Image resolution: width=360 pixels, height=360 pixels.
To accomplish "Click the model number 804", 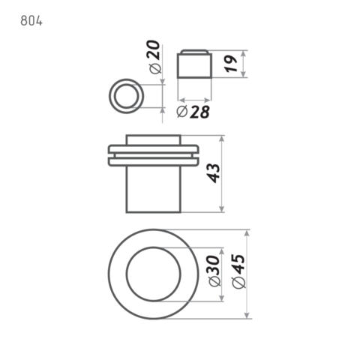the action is pyautogui.click(x=31, y=21).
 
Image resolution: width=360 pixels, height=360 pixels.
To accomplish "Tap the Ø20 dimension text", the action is pyautogui.click(x=154, y=57).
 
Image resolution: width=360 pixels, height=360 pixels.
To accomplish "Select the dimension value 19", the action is pyautogui.click(x=231, y=64).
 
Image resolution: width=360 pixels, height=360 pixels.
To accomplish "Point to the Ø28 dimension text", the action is pyautogui.click(x=193, y=112).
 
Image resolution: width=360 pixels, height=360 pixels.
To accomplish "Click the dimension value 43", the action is pyautogui.click(x=214, y=173).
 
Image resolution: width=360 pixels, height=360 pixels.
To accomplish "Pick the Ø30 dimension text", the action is pyautogui.click(x=214, y=271).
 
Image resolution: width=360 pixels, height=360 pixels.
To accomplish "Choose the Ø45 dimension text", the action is pyautogui.click(x=239, y=271).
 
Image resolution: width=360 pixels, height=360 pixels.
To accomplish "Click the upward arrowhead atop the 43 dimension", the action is pyautogui.click(x=222, y=139).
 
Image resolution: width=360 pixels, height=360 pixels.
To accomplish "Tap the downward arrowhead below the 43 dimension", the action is pyautogui.click(x=222, y=209).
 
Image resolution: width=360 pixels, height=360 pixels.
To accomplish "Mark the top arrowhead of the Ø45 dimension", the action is pyautogui.click(x=247, y=233).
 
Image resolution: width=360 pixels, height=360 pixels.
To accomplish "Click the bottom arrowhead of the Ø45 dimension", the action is pyautogui.click(x=247, y=315).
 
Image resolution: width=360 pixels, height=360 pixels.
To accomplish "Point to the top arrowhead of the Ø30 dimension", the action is pyautogui.click(x=221, y=251).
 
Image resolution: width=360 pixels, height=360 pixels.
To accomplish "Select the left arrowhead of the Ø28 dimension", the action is pyautogui.click(x=181, y=100).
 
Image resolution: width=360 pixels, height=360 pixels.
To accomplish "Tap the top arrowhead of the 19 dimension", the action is pyautogui.click(x=244, y=54).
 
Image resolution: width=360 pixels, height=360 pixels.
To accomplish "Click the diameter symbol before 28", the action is pyautogui.click(x=181, y=112).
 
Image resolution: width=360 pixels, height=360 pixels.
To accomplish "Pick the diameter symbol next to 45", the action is pyautogui.click(x=239, y=283).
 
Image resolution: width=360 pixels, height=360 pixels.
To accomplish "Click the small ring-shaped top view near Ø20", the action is pyautogui.click(x=109, y=96).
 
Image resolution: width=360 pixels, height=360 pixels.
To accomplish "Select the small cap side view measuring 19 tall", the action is pyautogui.click(x=194, y=64).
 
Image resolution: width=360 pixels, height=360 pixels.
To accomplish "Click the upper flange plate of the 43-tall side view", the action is pyautogui.click(x=154, y=149).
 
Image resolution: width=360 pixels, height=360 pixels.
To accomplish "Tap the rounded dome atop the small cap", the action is pyautogui.click(x=194, y=51).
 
